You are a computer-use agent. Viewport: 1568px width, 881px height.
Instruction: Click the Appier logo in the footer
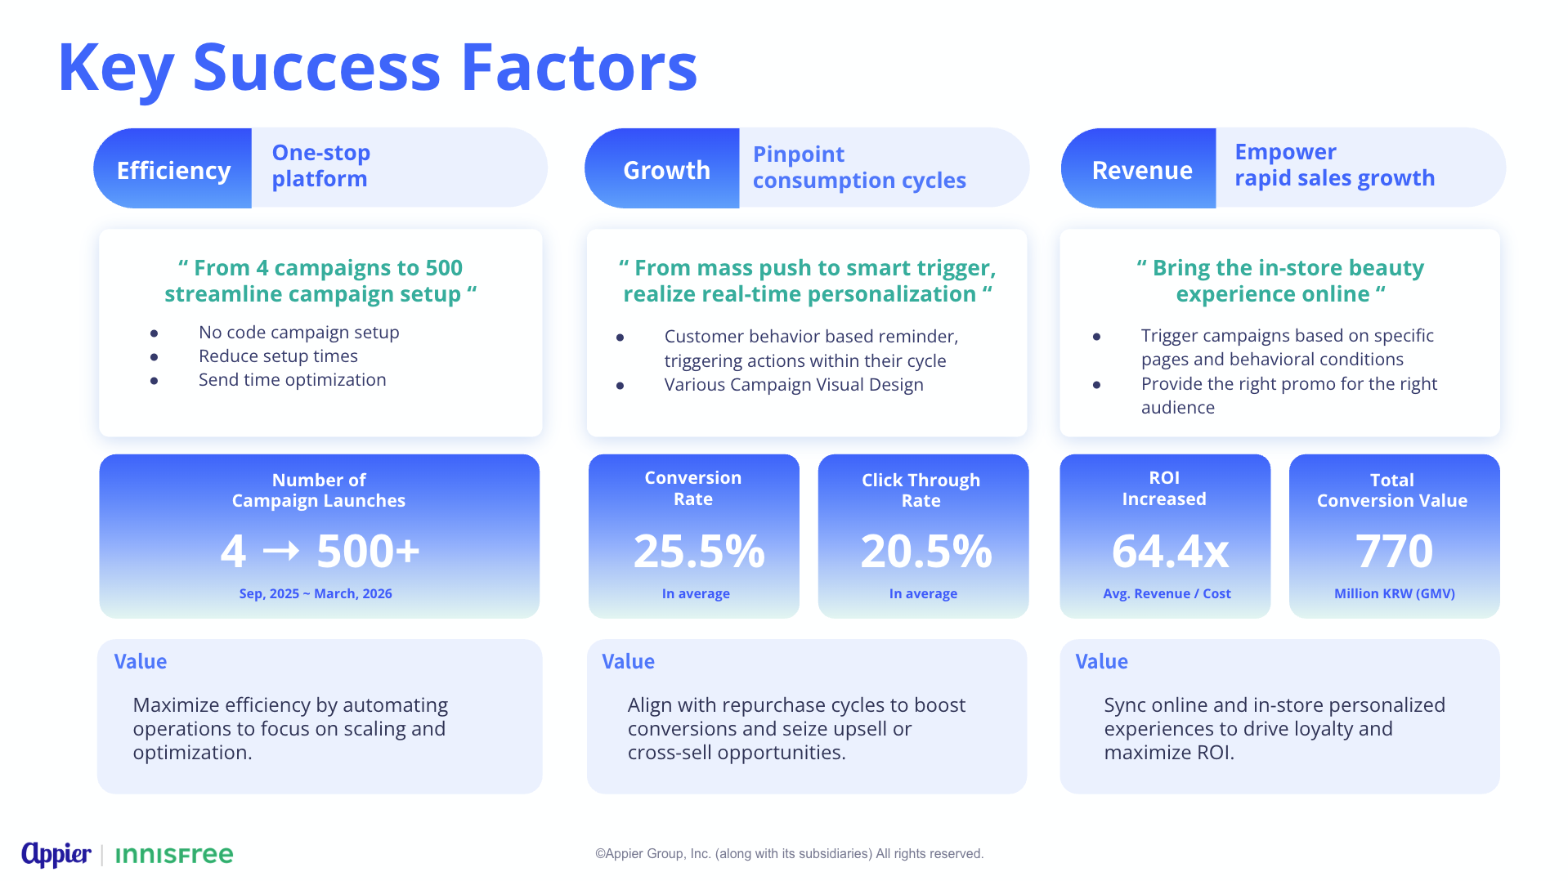coord(56,854)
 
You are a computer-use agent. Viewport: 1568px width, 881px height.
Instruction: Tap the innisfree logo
coord(174,855)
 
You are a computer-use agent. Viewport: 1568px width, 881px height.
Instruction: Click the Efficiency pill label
coord(173,170)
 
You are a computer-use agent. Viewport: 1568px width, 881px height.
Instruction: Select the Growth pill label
coord(666,170)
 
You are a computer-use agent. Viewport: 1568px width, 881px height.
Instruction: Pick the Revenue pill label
coord(1141,170)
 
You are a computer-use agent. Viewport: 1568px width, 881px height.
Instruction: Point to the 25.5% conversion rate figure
coord(698,551)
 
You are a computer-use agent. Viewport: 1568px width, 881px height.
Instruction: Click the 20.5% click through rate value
coord(925,551)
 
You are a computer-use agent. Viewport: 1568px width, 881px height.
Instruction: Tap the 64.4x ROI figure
coord(1169,551)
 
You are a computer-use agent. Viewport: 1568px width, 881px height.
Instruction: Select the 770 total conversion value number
coord(1394,551)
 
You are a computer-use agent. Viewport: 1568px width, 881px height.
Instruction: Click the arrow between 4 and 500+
coord(281,551)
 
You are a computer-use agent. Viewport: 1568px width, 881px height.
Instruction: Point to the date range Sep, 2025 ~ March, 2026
coord(316,593)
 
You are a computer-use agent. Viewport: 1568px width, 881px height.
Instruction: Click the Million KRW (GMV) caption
coord(1394,593)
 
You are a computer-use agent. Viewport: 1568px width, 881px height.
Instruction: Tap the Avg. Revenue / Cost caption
coord(1167,593)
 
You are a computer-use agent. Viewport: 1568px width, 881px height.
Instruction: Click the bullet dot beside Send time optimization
coord(154,381)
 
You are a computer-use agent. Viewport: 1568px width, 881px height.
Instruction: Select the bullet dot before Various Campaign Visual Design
coord(620,386)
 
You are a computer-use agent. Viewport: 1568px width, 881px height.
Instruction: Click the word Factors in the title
coord(579,67)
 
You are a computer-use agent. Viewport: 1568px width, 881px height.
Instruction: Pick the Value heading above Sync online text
coord(1101,661)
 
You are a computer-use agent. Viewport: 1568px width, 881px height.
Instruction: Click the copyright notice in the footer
coord(789,853)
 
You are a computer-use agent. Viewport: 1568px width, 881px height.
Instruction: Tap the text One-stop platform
coord(320,166)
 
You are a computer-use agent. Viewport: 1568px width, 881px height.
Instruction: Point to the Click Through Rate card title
coord(921,490)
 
